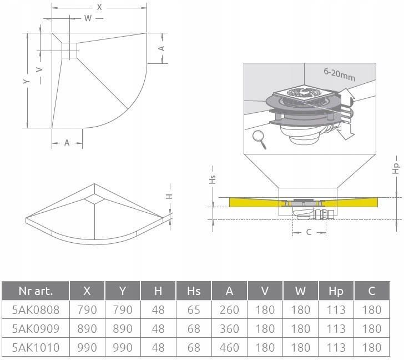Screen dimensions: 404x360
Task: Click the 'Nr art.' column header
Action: tap(36, 291)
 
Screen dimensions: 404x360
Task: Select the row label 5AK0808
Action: tap(36, 309)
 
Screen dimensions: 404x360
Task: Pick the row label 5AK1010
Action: tap(36, 347)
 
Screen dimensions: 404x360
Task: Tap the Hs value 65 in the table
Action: tap(194, 309)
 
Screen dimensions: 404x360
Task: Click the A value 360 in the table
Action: tap(229, 328)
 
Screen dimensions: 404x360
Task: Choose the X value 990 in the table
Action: tap(87, 347)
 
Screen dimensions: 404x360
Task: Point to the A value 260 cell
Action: tap(229, 309)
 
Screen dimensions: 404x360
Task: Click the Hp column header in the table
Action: tap(336, 291)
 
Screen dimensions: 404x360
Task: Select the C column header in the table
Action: tap(372, 291)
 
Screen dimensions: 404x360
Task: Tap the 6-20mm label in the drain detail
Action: tap(339, 75)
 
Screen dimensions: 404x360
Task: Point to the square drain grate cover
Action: tap(305, 93)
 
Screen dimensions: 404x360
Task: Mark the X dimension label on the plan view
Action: tap(99, 7)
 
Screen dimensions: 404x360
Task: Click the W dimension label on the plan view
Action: tap(88, 18)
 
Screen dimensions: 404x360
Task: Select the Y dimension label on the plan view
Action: tap(26, 81)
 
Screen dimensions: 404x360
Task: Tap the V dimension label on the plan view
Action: tap(39, 70)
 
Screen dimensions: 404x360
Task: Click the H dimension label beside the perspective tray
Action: tap(169, 196)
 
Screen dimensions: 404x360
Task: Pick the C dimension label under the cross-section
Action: tap(309, 232)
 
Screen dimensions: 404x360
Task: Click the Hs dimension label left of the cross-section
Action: tap(212, 179)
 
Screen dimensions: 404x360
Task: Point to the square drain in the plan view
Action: tap(69, 51)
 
